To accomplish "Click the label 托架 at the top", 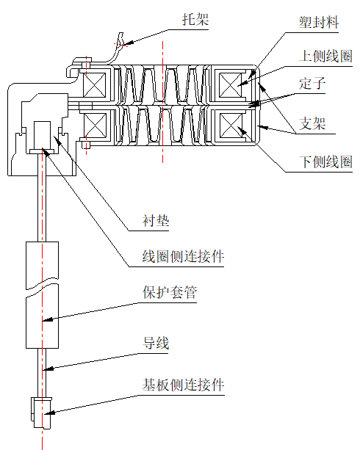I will tap(196, 20).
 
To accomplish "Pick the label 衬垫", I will tap(156, 220).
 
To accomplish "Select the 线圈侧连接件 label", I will tap(183, 257).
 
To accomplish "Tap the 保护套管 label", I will tap(170, 293).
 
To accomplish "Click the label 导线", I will tap(156, 343).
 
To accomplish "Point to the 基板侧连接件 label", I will tap(183, 385).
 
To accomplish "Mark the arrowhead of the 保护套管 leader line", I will tap(45, 321).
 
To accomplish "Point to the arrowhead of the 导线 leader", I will tap(46, 369).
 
